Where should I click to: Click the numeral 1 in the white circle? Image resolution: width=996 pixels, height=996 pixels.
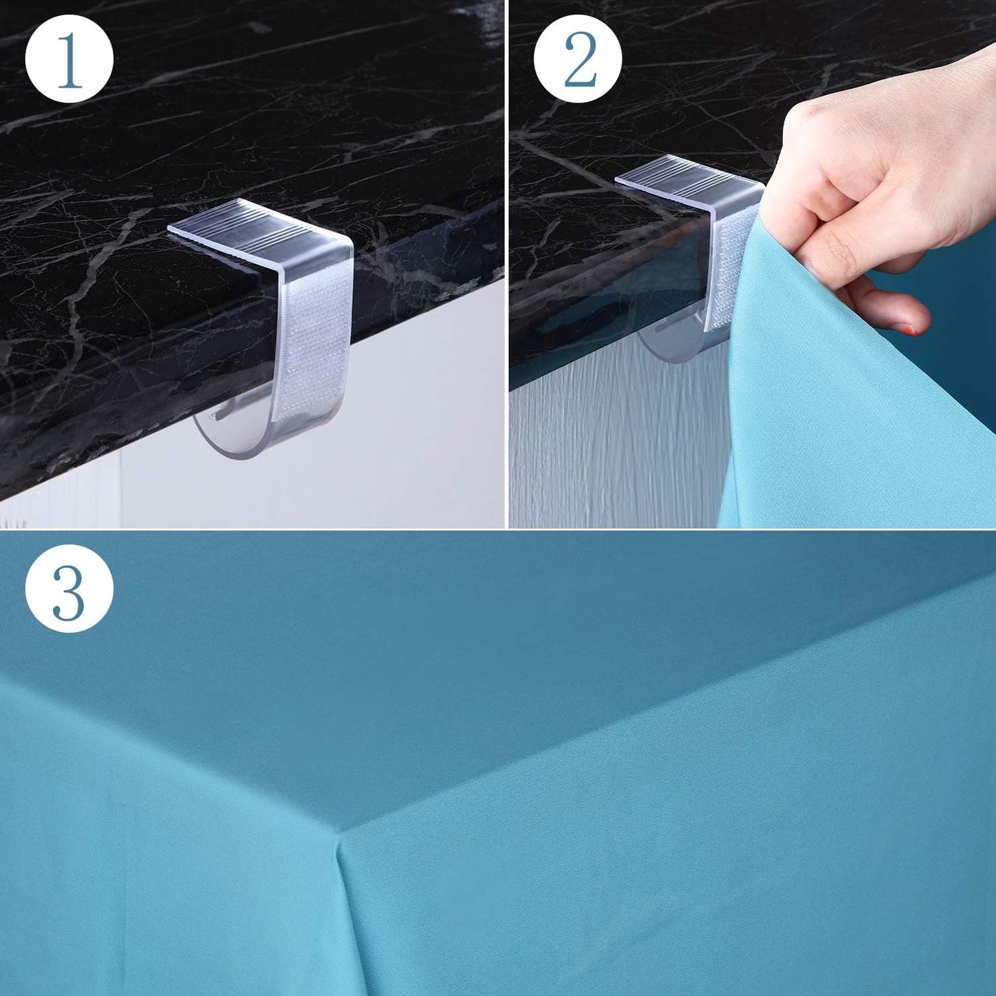(x=69, y=60)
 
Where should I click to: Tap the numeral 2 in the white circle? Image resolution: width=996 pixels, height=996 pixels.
(x=579, y=60)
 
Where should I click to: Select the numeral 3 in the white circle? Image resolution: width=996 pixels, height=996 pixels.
(x=69, y=588)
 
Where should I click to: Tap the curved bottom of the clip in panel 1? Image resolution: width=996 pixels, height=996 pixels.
(x=234, y=441)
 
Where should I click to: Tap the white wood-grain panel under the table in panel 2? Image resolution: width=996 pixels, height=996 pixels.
(x=607, y=448)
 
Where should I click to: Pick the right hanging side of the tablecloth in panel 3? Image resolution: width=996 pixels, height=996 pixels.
(x=689, y=862)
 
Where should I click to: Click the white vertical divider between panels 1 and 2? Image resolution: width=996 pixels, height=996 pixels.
(x=507, y=262)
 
